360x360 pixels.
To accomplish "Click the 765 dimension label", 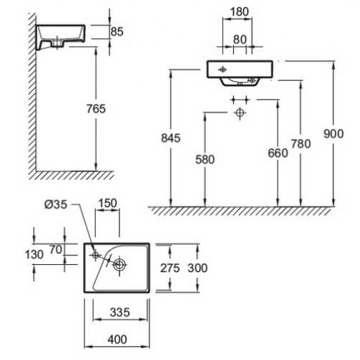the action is tap(96, 109).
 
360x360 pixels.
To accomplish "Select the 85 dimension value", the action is tap(117, 32).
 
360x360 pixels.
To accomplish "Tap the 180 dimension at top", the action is tap(239, 12).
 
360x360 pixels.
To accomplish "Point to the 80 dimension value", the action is tap(240, 40).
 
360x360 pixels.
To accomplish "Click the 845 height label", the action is tap(171, 138).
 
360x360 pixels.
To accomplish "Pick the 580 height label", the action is tap(205, 160).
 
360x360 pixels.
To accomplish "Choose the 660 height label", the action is tap(278, 153).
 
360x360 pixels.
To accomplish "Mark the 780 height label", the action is tap(301, 144).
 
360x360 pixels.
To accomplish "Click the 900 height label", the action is tap(333, 134).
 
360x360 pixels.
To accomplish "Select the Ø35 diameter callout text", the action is tap(56, 204).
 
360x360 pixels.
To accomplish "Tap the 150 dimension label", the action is tap(107, 203).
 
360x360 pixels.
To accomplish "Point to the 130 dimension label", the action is tap(35, 255).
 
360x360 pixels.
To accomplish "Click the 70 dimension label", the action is tap(56, 250).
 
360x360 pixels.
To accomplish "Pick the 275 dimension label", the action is tap(170, 268).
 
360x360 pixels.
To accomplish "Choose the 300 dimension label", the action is tap(197, 268).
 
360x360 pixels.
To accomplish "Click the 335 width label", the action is tap(120, 312).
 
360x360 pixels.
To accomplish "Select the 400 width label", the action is tap(117, 340).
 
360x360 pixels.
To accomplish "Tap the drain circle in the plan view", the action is tap(120, 265).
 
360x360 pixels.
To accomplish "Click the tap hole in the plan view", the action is tap(96, 255).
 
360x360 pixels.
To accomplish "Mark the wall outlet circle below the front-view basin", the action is tap(240, 112).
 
